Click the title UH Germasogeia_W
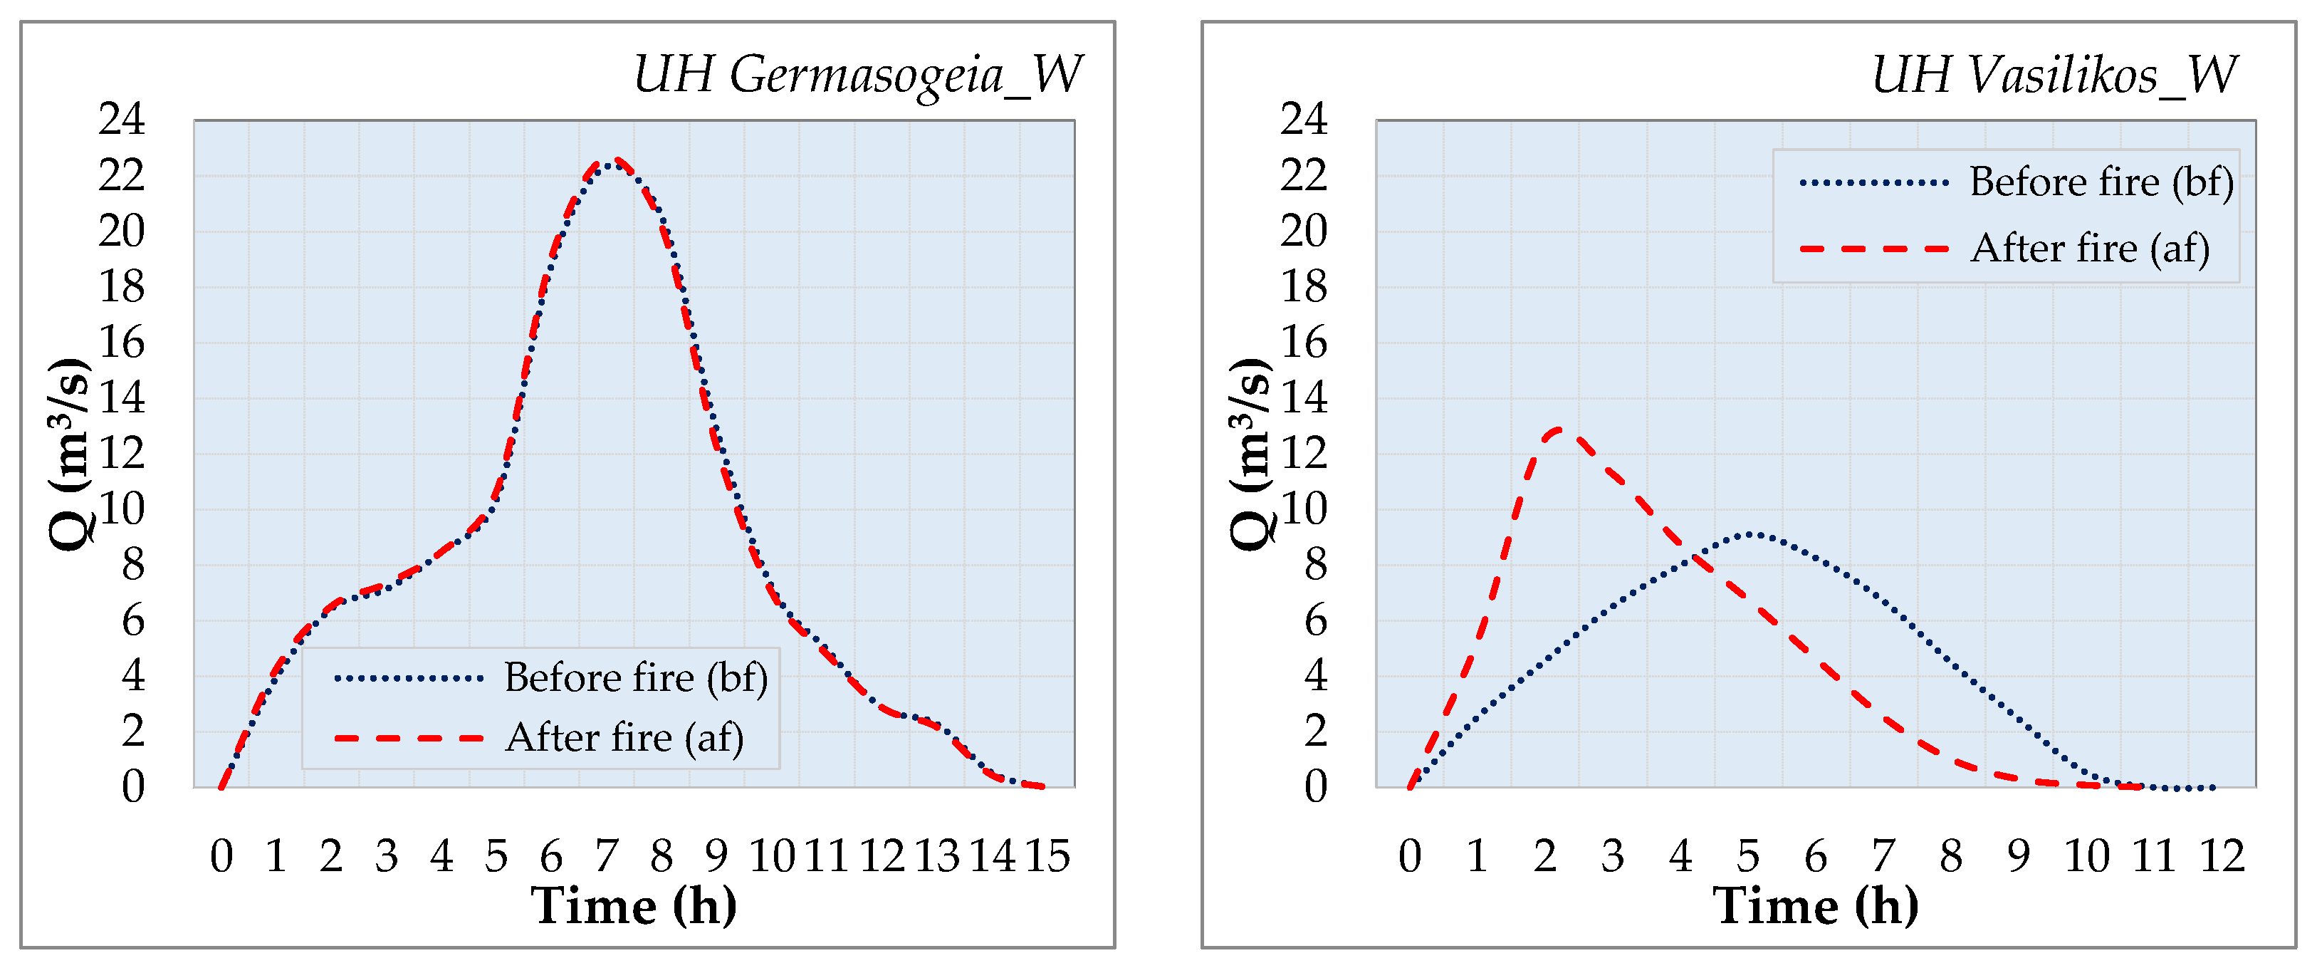857,75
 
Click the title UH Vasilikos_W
2054,75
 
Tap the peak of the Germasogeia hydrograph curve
614,162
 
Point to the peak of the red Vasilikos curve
1561,430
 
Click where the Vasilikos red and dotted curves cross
1695,558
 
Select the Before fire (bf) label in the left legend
635,677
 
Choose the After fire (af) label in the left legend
624,738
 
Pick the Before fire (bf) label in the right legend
2101,182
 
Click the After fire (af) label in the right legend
2089,249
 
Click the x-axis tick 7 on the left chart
606,855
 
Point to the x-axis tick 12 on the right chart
2222,855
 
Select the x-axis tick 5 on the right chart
1747,855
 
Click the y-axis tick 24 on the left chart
122,119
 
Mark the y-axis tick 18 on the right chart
1303,287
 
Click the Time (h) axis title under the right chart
1815,905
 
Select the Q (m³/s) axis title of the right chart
1251,452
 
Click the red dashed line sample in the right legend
1873,249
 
